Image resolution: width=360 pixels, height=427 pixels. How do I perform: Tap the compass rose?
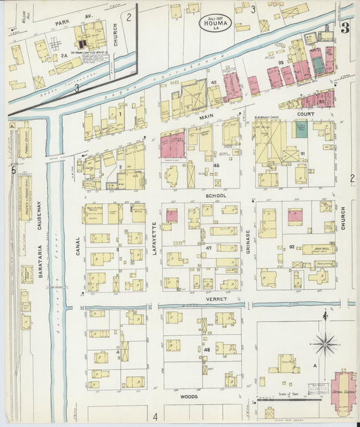[x=326, y=343]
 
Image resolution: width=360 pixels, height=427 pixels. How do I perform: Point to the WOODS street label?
[x=188, y=397]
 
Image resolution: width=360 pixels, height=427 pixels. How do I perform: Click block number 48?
[x=207, y=350]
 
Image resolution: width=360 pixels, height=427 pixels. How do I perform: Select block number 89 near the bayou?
[x=279, y=62]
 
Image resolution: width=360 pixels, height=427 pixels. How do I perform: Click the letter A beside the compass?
[x=314, y=364]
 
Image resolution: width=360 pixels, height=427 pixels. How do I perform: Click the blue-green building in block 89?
[x=317, y=65]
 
